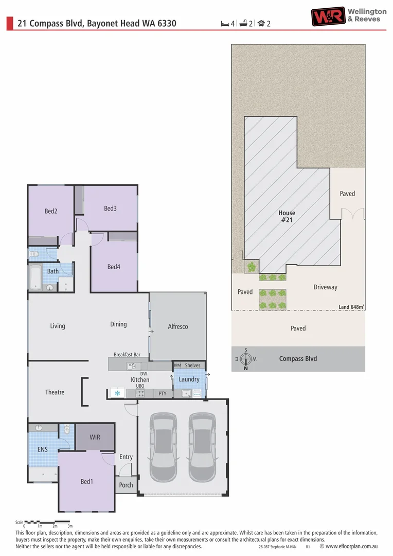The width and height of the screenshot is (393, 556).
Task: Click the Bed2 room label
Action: tap(50, 211)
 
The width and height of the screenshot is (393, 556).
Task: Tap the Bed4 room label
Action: tap(114, 267)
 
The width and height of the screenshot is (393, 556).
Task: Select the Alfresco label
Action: tap(178, 326)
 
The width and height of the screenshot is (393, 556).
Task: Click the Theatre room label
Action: tap(55, 392)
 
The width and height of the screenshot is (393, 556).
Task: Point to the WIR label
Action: tap(95, 437)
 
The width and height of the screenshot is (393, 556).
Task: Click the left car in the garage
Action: tap(163, 447)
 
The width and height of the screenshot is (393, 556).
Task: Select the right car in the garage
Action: tap(202, 447)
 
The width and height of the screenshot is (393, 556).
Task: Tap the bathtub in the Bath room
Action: tap(35, 277)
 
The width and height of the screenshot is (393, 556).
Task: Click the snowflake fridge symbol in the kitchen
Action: tap(117, 393)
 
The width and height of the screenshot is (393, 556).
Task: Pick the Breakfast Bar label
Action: tap(127, 355)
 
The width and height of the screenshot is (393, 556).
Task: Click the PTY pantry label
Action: tap(163, 393)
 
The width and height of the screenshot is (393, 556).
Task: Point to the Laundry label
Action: tap(189, 379)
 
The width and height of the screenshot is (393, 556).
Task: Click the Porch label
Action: tap(126, 485)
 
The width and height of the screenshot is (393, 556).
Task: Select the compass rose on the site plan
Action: tap(246, 359)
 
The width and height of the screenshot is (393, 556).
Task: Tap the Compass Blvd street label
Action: tap(298, 359)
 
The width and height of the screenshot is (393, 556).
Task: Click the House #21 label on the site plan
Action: tap(287, 216)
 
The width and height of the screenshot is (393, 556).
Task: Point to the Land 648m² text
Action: tap(351, 307)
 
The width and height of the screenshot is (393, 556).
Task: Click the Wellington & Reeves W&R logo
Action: tap(328, 16)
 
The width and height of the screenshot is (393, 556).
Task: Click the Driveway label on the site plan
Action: tap(325, 287)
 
